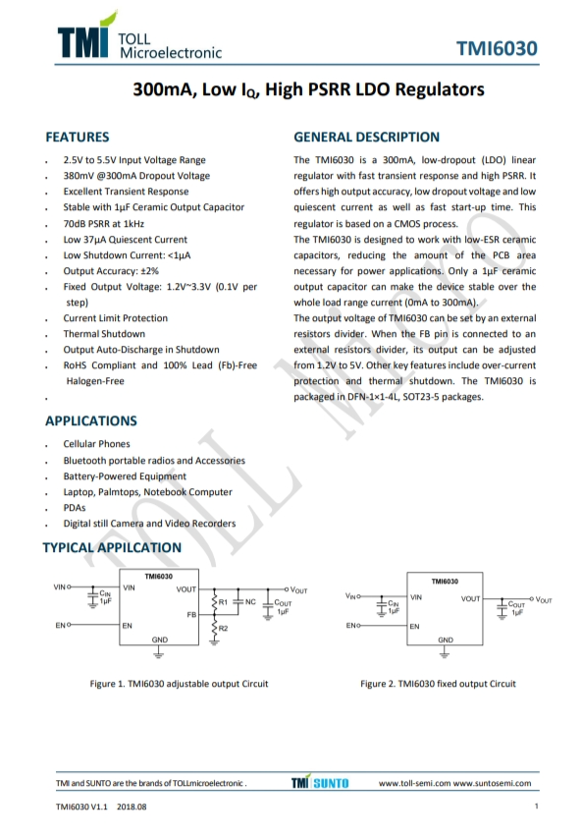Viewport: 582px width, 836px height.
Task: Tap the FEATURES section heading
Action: coord(78,138)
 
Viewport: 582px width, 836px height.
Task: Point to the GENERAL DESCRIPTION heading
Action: coord(366,138)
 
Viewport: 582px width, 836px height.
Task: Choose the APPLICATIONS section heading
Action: coord(91,420)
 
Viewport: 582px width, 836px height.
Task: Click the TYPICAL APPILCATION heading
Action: coord(113,547)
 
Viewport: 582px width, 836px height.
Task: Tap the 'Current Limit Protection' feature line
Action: coord(116,318)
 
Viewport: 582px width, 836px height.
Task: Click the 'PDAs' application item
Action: coord(75,508)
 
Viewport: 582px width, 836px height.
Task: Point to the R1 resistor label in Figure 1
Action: coord(223,601)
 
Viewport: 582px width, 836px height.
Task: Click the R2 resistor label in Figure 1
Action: coord(223,628)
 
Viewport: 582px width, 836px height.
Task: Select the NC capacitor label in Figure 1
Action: coord(250,601)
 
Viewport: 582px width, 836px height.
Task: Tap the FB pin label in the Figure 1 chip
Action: coord(192,612)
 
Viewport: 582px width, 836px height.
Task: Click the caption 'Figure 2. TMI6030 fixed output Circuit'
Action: coord(438,684)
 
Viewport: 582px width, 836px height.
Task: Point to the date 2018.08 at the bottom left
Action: coord(131,807)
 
